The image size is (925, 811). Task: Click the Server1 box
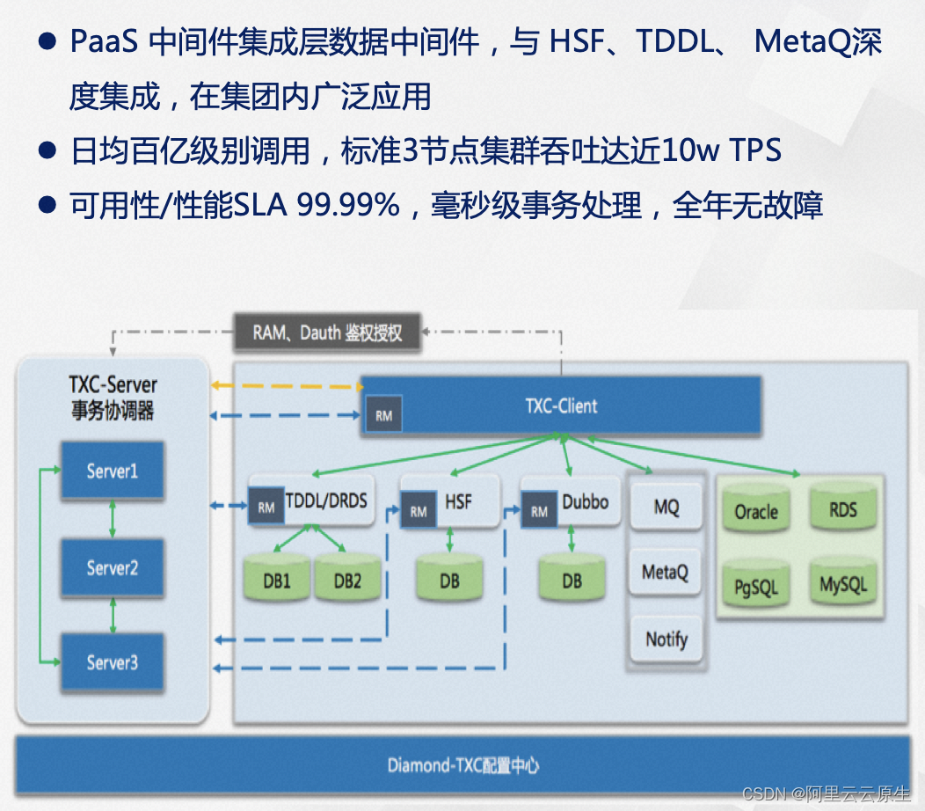click(112, 471)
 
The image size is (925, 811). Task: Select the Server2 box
click(112, 568)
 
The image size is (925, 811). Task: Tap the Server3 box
click(112, 662)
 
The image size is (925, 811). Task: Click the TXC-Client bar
click(561, 405)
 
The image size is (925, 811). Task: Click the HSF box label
click(458, 502)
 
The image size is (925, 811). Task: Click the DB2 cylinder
click(347, 581)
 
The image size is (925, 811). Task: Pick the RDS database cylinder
click(842, 509)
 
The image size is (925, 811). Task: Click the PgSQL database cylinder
click(756, 586)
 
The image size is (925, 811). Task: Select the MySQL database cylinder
click(842, 584)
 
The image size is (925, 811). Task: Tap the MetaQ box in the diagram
click(665, 573)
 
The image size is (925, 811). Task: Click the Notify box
click(666, 639)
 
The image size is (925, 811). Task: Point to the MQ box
click(666, 507)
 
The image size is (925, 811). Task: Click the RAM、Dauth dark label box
click(327, 332)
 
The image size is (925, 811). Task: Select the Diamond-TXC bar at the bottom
click(463, 765)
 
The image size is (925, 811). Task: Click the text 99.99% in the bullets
click(348, 207)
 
